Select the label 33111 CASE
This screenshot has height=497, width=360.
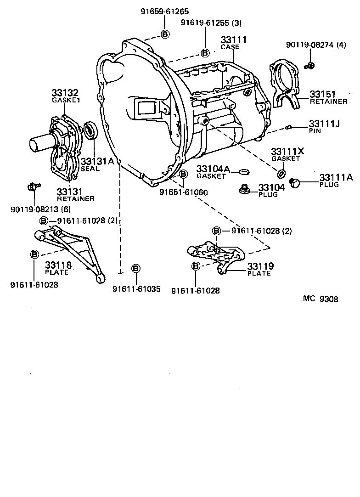(233, 43)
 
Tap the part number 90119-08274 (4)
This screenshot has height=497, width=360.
(316, 45)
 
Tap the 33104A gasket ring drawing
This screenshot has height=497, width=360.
(244, 172)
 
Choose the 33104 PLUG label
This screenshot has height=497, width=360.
(271, 190)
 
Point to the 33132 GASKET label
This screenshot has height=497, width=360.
(66, 96)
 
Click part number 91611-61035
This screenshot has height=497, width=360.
(136, 289)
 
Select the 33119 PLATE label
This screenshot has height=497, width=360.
(260, 269)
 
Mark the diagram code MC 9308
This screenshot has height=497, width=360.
(321, 299)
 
